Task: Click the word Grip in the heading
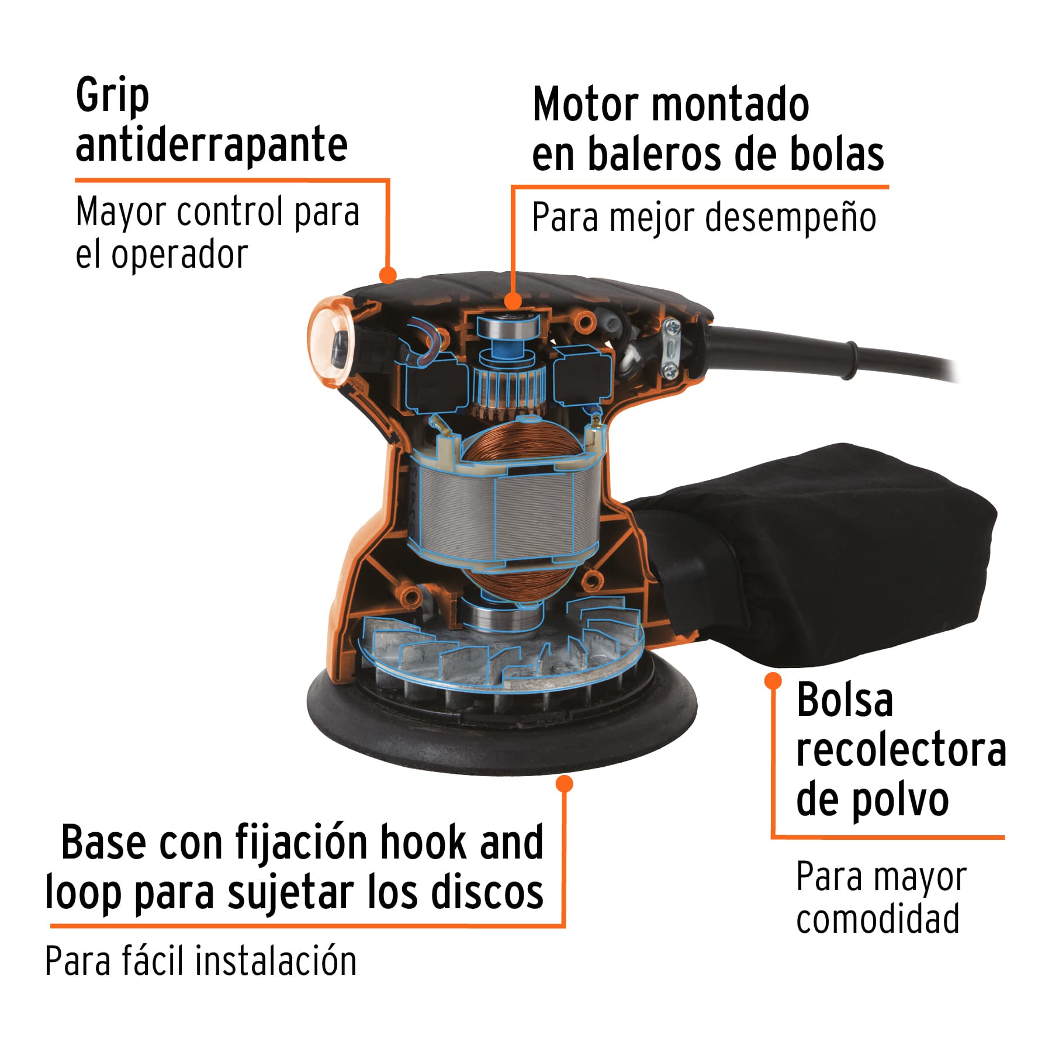point(112,96)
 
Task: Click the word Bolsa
point(845,700)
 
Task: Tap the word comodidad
point(877,919)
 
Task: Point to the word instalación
point(275,961)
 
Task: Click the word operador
point(179,255)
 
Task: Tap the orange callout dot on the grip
point(388,275)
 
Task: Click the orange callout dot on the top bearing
point(513,301)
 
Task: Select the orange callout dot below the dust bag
point(773,680)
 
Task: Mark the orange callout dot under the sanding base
point(564,784)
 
